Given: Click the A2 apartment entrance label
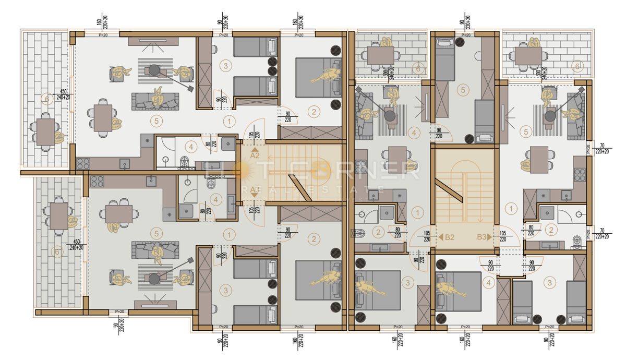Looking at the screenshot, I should pyautogui.click(x=255, y=155).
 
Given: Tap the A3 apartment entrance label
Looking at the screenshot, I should pyautogui.click(x=255, y=189).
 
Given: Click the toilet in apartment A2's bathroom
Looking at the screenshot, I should pyautogui.click(x=183, y=161).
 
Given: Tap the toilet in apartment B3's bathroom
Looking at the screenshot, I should pyautogui.click(x=576, y=240).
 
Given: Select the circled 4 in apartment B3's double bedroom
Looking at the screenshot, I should pyautogui.click(x=488, y=283).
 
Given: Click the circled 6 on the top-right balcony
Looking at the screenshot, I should pyautogui.click(x=576, y=66).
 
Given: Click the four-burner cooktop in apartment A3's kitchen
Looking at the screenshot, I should pyautogui.click(x=98, y=182).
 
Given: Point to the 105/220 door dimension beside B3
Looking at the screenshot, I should pyautogui.click(x=504, y=236).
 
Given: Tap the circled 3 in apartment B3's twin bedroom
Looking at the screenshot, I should pyautogui.click(x=549, y=282).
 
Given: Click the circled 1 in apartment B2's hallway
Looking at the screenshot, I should pyautogui.click(x=417, y=212).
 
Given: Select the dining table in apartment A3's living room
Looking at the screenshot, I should pyautogui.click(x=119, y=213).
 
